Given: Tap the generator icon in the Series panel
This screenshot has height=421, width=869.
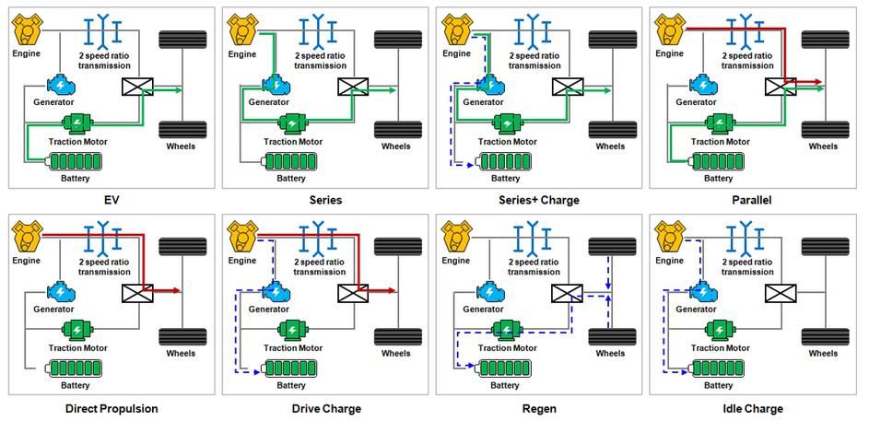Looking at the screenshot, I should pos(276,84).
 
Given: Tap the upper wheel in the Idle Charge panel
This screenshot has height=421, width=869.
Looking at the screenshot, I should pos(823,248).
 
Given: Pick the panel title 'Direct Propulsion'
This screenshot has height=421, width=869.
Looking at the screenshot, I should pos(112,407).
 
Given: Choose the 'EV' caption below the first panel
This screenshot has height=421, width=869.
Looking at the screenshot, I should pos(112,198).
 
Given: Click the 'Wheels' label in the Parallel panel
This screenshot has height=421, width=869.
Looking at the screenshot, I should pos(823,146).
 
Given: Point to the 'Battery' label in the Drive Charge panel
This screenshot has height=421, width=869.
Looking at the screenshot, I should pos(291,386).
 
